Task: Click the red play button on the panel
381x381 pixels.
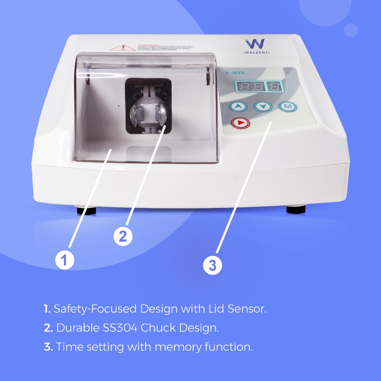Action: (241, 123)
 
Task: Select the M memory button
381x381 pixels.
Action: (288, 107)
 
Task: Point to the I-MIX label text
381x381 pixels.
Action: (235, 73)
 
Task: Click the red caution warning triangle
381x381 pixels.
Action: (122, 48)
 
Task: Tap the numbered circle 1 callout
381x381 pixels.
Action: (65, 260)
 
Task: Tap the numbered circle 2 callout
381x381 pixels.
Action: (123, 236)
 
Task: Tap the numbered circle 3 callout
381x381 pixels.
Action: (212, 265)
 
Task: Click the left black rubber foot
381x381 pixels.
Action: (86, 211)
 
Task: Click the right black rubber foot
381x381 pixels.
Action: (296, 209)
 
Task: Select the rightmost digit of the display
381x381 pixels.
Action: (275, 86)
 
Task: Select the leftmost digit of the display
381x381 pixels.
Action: (241, 86)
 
